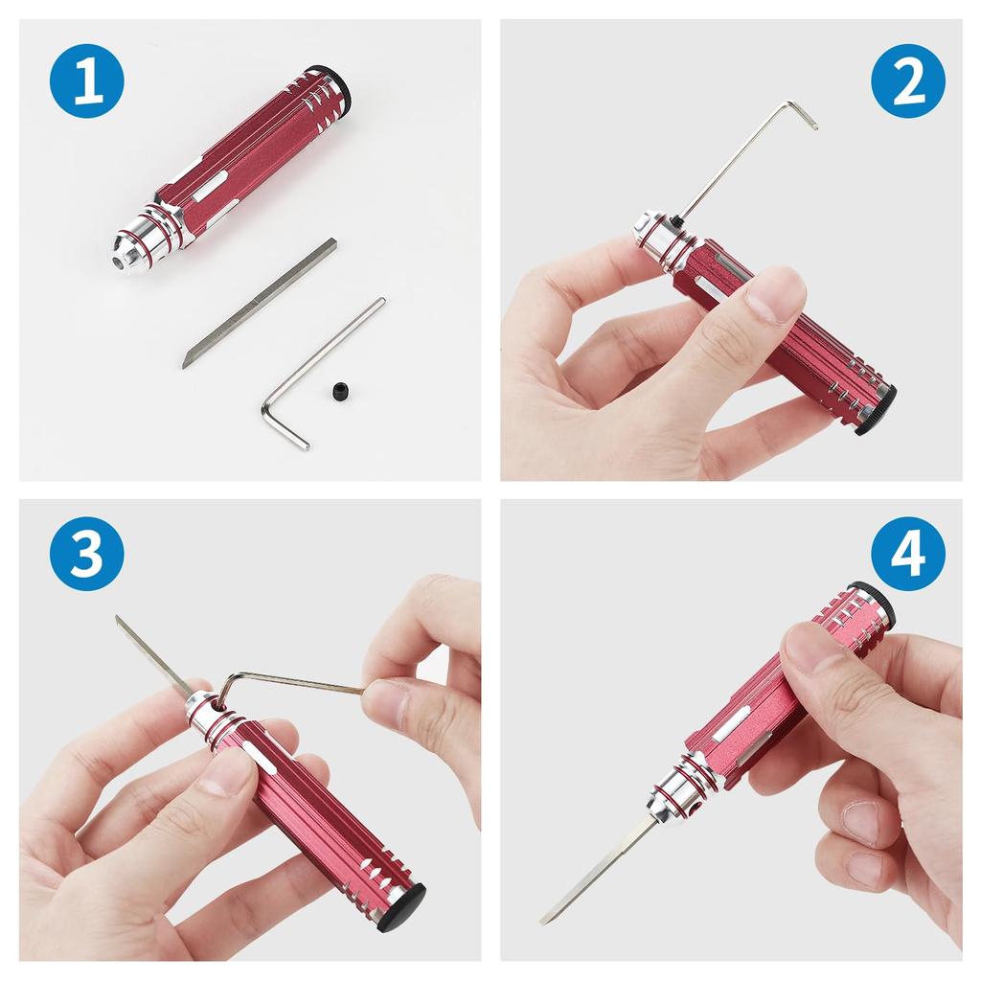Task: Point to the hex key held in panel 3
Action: pyautogui.click(x=287, y=682)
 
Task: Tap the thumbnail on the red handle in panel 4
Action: pyautogui.click(x=813, y=648)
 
